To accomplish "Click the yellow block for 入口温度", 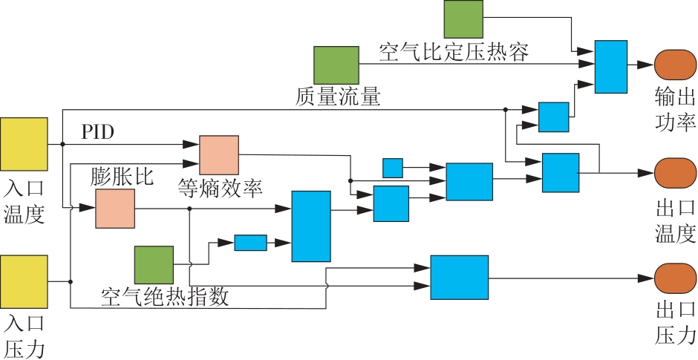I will tap(25, 143).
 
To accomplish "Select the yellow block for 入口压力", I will tap(25, 281).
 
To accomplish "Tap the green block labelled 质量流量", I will tap(336, 65).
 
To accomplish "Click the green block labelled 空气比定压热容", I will tap(464, 19).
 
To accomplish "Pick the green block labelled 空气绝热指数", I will tap(154, 264).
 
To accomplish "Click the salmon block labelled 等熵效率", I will tap(219, 155).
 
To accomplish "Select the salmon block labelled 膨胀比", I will tap(115, 208).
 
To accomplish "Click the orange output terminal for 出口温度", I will tap(675, 174).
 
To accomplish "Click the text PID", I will tap(98, 133).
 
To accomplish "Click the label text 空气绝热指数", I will tap(164, 298).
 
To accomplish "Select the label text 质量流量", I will tap(338, 96).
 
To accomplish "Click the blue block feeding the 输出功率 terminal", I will tap(611, 67).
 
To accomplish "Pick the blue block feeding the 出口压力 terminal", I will tap(460, 278).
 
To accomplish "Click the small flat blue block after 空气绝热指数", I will tap(250, 243).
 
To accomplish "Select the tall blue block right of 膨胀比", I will tap(310, 226).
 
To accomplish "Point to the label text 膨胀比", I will tap(122, 177).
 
